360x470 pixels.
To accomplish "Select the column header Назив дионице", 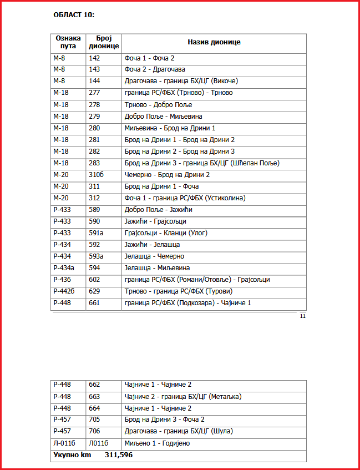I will point(214,42).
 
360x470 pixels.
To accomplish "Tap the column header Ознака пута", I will point(68,42).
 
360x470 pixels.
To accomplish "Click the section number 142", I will point(94,58).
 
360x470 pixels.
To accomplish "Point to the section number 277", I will point(94,93).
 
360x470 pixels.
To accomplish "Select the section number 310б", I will point(96,175).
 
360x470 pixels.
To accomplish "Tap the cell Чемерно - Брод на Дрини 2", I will point(167,175).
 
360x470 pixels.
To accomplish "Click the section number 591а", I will point(96,233).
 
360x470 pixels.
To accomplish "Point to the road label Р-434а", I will point(64,268).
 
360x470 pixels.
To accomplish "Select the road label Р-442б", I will point(64,291).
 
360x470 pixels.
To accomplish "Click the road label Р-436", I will point(62,280).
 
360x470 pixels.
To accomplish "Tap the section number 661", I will point(94,303).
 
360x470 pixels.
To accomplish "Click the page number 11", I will point(303,316).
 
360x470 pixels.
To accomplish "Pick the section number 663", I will point(94,397).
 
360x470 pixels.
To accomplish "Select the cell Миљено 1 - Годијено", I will point(157,443).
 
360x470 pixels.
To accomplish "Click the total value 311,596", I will point(119,455).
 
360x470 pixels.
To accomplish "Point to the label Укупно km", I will point(72,455).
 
